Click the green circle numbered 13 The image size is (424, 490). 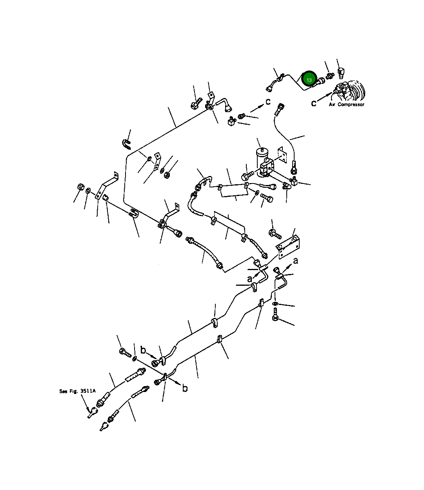click(309, 80)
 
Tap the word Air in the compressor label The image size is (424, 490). click(332, 105)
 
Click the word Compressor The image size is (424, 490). click(351, 105)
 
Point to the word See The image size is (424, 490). click(63, 391)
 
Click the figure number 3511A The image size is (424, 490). click(88, 391)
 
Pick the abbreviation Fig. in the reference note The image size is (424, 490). click(74, 391)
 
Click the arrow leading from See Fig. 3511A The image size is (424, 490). click(86, 403)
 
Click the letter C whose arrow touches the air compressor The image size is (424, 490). click(314, 103)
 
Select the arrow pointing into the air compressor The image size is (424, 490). click(324, 97)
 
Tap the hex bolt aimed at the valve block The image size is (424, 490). click(247, 176)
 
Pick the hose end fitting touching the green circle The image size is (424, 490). click(320, 82)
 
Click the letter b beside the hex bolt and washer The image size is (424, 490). click(143, 350)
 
